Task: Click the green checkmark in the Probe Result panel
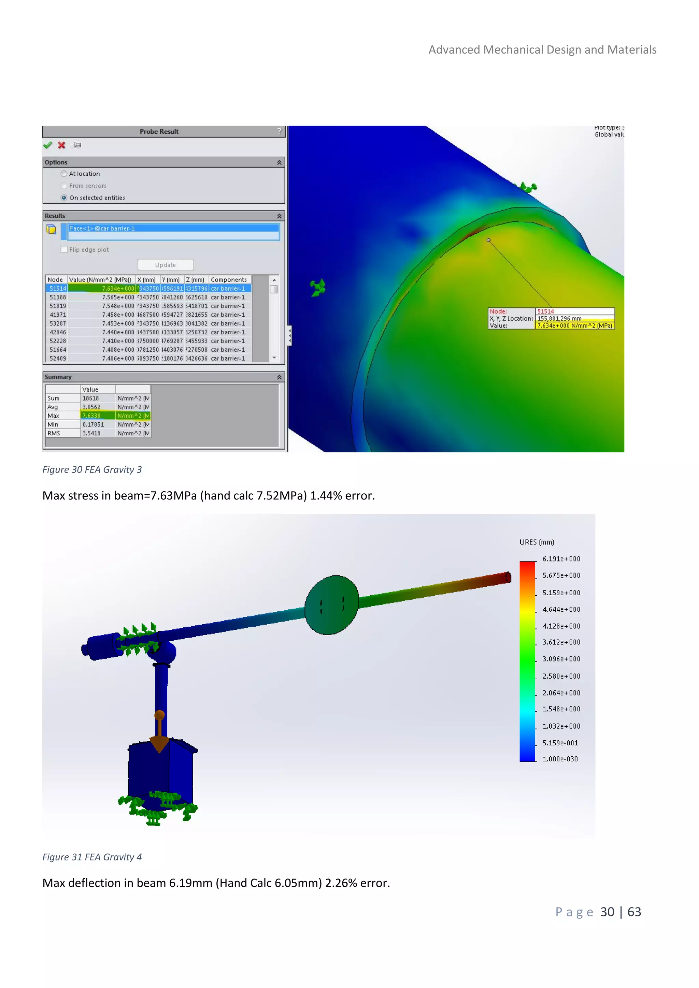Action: point(47,145)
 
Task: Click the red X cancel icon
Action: point(61,145)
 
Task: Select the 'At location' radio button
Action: point(64,174)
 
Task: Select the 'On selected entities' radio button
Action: point(64,198)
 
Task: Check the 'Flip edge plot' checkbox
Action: point(64,250)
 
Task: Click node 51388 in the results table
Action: point(58,297)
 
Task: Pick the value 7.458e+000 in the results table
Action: point(118,315)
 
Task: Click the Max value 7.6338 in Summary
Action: point(92,416)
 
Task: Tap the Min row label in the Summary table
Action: point(53,425)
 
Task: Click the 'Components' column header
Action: point(229,280)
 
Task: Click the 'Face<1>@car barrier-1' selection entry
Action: point(102,229)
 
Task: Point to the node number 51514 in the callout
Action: point(545,311)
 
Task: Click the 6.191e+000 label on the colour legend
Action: point(561,559)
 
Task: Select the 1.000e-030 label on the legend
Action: point(560,759)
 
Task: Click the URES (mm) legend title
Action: point(536,542)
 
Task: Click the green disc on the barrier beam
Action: point(331,605)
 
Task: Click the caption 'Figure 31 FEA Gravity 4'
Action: point(92,857)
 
